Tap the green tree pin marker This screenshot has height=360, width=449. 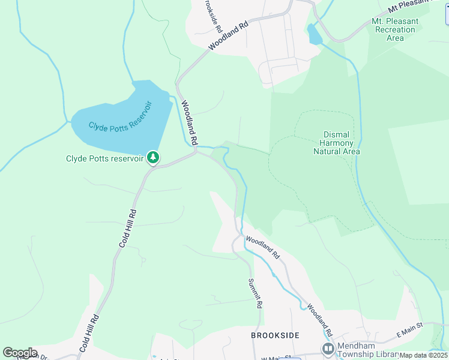pos(153,158)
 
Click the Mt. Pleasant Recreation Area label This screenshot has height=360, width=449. pos(395,29)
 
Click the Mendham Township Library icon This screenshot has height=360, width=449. pos(328,349)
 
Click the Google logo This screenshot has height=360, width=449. pos(19,352)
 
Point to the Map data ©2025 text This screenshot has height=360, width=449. pos(424,355)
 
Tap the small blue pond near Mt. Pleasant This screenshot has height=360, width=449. pos(314,35)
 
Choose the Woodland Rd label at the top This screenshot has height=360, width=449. pos(229,36)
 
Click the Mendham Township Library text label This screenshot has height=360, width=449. pos(368,347)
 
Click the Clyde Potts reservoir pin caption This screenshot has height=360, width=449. pos(105,158)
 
